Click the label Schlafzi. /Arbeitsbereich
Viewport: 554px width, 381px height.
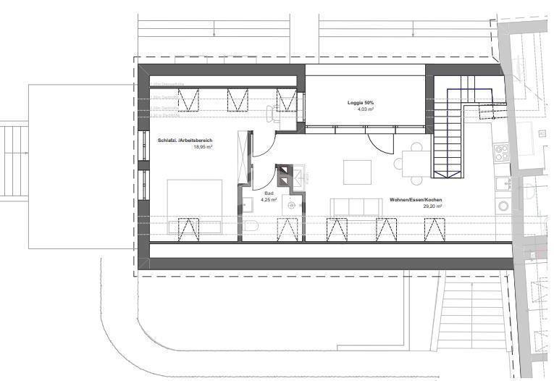[x=185, y=140]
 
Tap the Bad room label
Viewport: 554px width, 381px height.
[x=269, y=193]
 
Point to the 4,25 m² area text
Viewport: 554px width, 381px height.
[x=269, y=200]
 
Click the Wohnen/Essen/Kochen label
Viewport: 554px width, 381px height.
[x=415, y=199]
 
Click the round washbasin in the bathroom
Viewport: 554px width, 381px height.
[x=291, y=205]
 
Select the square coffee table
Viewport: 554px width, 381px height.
[x=357, y=172]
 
